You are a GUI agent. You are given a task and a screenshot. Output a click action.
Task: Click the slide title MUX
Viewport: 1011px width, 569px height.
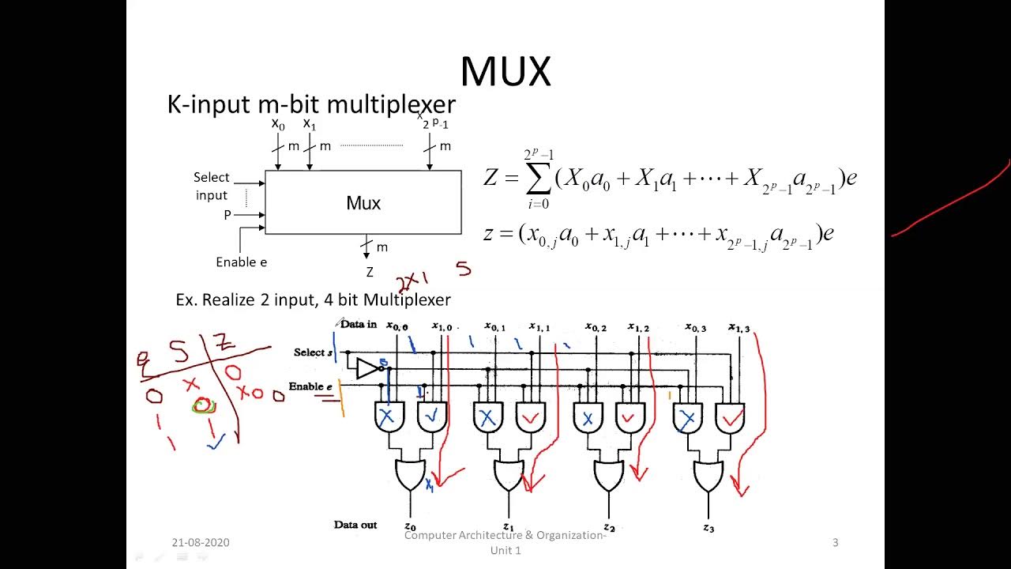pyautogui.click(x=505, y=72)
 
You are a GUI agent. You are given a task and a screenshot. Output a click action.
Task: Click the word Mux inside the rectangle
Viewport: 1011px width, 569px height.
pyautogui.click(x=363, y=203)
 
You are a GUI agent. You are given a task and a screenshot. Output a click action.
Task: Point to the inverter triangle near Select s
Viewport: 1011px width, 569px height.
pyautogui.click(x=367, y=368)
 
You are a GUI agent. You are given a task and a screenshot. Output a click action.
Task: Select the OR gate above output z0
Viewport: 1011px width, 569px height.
pyautogui.click(x=410, y=475)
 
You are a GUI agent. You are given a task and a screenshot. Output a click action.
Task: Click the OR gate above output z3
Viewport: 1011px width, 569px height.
pyautogui.click(x=708, y=475)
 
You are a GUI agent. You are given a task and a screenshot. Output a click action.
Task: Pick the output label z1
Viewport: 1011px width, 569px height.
pyautogui.click(x=509, y=527)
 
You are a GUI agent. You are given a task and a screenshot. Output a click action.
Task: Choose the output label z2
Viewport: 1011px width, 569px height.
pyautogui.click(x=609, y=527)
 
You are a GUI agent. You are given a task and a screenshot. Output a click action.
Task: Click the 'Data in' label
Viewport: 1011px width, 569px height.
pyautogui.click(x=359, y=325)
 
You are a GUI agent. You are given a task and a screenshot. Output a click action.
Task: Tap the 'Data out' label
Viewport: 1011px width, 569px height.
pyautogui.click(x=355, y=525)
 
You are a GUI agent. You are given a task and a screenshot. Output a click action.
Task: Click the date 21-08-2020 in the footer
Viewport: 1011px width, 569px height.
pyautogui.click(x=201, y=542)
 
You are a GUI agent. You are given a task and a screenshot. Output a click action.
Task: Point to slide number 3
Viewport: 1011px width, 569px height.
pyautogui.click(x=835, y=542)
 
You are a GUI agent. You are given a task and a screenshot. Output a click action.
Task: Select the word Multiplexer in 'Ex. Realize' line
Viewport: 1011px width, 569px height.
pyautogui.click(x=407, y=300)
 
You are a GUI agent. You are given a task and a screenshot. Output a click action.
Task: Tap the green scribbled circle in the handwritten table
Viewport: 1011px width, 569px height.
pyautogui.click(x=204, y=406)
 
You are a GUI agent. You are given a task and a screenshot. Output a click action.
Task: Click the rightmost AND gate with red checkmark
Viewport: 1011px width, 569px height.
pyautogui.click(x=731, y=418)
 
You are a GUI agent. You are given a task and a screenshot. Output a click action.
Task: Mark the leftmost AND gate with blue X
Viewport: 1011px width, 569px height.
pyautogui.click(x=387, y=417)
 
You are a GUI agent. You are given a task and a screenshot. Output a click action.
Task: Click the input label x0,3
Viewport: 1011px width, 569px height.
pyautogui.click(x=695, y=326)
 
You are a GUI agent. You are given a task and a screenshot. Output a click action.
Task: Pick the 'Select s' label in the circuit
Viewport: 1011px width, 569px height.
pyautogui.click(x=313, y=352)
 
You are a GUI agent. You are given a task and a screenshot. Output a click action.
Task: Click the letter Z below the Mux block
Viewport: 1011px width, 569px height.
pyautogui.click(x=369, y=273)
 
